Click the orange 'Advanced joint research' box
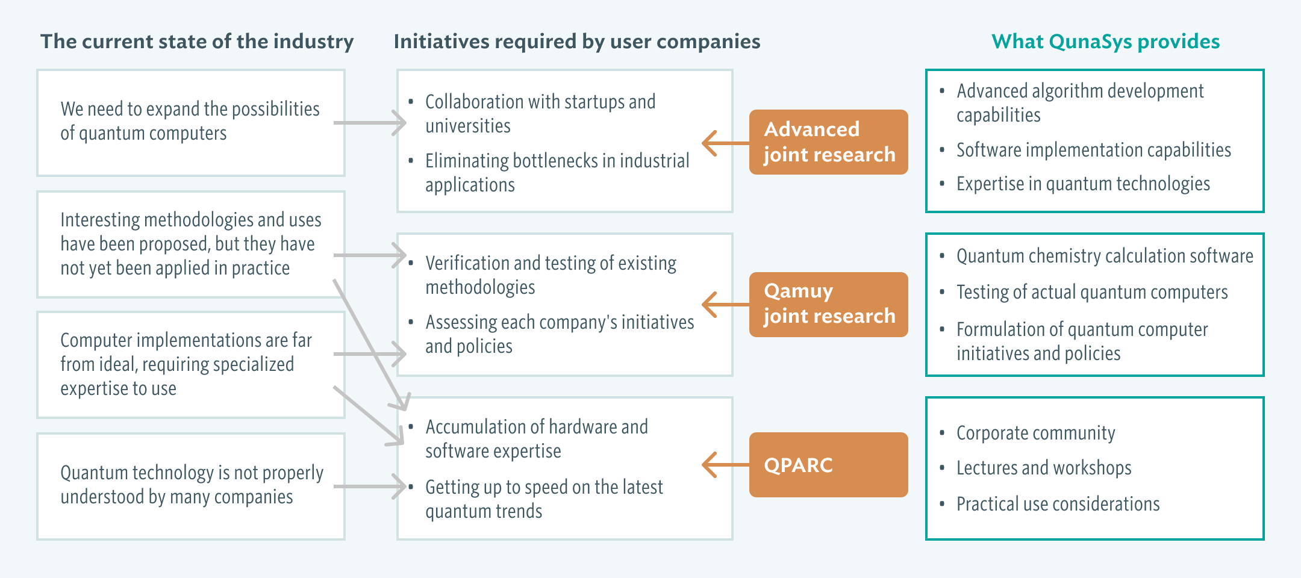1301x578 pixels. [828, 142]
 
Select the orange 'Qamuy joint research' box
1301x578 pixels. [828, 304]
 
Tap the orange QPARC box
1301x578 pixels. [828, 465]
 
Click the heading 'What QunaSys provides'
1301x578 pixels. [1105, 42]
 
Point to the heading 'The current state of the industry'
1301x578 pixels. [197, 42]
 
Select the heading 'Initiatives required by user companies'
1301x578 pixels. [577, 42]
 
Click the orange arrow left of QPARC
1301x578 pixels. [726, 465]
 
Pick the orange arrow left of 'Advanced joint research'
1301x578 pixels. [726, 143]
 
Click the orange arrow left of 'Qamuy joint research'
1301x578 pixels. [726, 305]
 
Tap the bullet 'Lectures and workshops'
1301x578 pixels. [1044, 468]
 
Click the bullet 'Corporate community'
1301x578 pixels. [1035, 433]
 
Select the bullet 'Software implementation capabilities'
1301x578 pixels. [1094, 150]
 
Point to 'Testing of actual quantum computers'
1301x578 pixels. [1092, 292]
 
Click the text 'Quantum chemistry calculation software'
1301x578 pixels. [1105, 256]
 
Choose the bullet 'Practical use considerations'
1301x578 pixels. [1058, 504]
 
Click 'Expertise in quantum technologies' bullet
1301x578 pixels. [1083, 184]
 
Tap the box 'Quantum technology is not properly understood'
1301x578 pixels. [191, 486]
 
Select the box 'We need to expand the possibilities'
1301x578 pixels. [191, 123]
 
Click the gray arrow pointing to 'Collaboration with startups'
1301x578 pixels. [370, 123]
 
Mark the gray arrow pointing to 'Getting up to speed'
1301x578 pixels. [370, 486]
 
